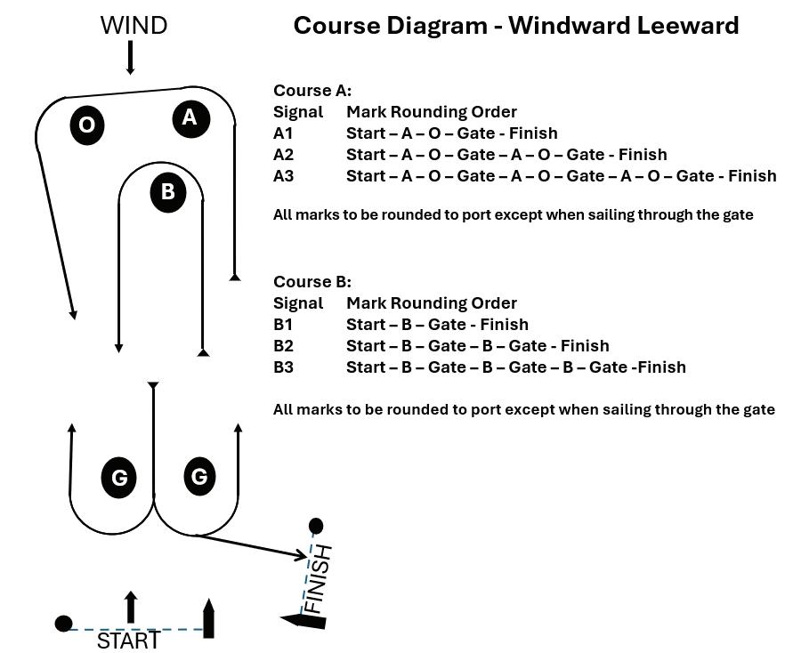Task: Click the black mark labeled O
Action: pos(86,125)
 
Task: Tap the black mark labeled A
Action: pos(190,117)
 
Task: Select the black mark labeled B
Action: pos(167,192)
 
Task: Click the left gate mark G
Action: pos(118,479)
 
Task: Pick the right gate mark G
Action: pos(199,477)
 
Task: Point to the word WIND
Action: pos(134,26)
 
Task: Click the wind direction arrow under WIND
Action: pos(131,57)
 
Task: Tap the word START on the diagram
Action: pos(128,641)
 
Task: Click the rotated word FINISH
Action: pos(317,579)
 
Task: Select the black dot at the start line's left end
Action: pos(63,624)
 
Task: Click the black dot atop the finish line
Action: pos(315,527)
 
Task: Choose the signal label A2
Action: pos(284,155)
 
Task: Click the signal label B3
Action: pos(284,367)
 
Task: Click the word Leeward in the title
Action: pos(685,25)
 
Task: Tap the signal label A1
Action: pos(283,133)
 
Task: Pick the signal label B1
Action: pos(283,325)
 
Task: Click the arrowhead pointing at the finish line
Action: pos(302,556)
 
